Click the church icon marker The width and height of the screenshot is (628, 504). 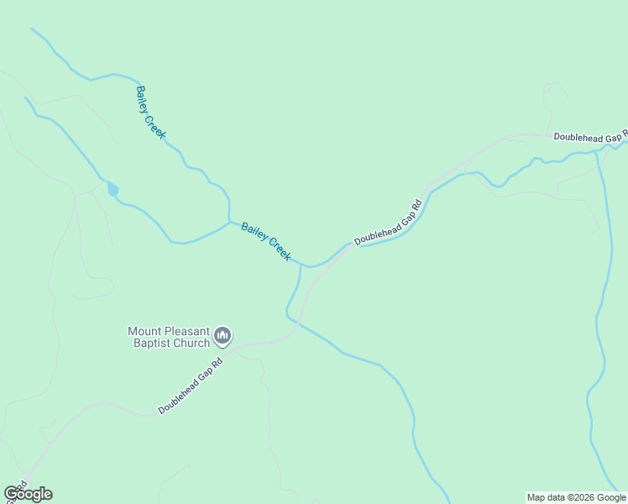222,337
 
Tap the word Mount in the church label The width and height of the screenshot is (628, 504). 144,331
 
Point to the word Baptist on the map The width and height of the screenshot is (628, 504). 151,343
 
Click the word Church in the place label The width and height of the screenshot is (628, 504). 191,343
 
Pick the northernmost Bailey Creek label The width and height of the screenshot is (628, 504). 151,113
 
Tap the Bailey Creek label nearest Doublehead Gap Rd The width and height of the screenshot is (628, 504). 266,241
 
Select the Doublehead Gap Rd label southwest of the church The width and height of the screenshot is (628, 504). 192,386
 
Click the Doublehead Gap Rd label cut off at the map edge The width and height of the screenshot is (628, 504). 590,136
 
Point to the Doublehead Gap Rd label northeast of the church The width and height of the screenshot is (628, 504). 388,223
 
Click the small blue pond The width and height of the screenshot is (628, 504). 113,189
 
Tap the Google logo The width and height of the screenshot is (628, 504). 28,494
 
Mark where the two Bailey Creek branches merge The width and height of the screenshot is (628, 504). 229,222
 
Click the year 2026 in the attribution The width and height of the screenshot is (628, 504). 584,497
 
